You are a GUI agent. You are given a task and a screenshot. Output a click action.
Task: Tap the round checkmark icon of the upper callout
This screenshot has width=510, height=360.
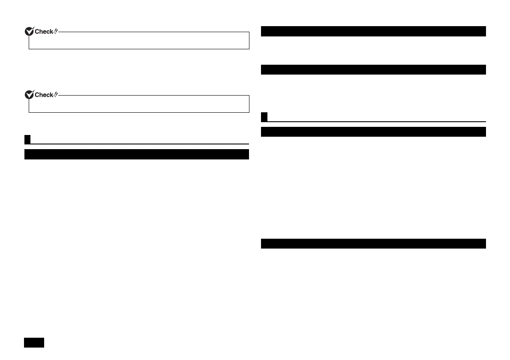pos(29,31)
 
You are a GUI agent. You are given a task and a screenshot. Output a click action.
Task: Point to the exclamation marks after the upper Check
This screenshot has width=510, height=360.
pos(55,31)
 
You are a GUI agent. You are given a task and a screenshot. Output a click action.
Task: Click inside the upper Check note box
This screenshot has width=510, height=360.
pos(139,41)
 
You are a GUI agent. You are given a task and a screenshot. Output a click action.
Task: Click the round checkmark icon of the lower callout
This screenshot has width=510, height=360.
pos(29,95)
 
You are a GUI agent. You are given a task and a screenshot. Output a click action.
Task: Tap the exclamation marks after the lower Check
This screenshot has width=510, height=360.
pos(55,95)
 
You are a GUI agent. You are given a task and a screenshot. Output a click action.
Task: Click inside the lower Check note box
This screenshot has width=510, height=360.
pos(139,105)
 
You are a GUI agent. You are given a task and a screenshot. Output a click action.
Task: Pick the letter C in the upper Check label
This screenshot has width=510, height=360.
pos(36,31)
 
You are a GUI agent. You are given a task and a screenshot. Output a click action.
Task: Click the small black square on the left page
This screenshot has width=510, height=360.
pos(27,139)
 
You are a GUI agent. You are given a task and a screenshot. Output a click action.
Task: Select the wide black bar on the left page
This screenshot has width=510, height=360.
pos(137,154)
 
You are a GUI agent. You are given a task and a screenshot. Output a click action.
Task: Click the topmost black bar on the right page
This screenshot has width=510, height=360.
pos(373,31)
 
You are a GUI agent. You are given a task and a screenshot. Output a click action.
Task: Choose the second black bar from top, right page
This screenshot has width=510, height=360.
pos(373,69)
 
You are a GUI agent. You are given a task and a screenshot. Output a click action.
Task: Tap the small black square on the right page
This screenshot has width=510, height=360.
pos(264,117)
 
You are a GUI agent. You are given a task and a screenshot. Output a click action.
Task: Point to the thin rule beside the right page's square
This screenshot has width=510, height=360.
pos(377,121)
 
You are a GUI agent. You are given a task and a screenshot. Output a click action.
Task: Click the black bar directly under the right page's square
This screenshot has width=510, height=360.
pos(373,132)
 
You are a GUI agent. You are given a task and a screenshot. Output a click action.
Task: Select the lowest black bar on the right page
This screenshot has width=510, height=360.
pos(373,243)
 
